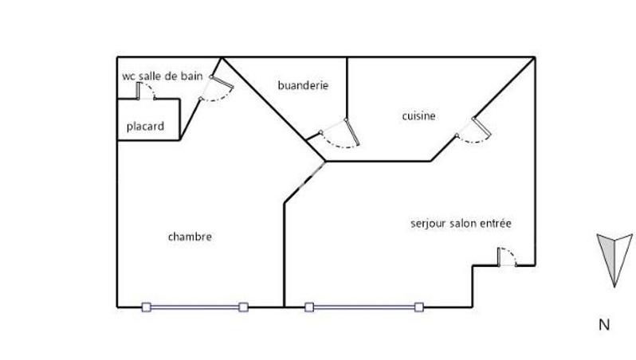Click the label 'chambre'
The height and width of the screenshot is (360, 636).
[x=190, y=237]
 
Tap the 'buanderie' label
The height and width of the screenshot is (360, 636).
[x=302, y=85]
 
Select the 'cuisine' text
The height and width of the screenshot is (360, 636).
[x=418, y=116]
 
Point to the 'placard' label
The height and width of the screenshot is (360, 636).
[x=145, y=127]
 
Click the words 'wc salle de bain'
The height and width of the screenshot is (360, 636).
[x=162, y=76]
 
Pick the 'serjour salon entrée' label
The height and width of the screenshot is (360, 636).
[x=460, y=224]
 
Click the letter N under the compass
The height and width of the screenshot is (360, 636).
[x=604, y=324]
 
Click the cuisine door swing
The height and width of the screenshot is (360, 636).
[x=475, y=131]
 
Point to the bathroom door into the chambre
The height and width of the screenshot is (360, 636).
[x=216, y=88]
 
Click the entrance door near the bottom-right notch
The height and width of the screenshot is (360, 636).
[x=505, y=258]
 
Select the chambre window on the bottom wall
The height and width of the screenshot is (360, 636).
[x=194, y=307]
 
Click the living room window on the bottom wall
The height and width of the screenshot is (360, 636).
[x=363, y=307]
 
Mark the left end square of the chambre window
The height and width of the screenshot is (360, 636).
[x=146, y=307]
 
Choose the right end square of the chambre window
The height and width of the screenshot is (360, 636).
[x=243, y=307]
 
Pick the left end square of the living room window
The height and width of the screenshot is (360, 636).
[x=309, y=307]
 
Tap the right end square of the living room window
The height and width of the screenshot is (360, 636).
[x=418, y=307]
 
